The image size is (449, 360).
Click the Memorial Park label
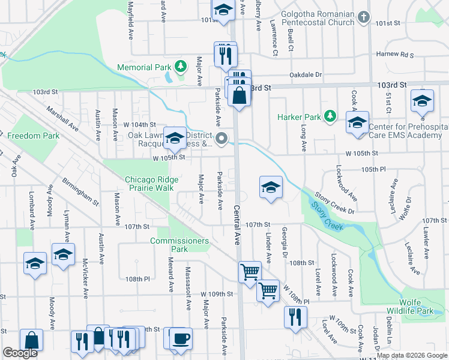coord(144,67)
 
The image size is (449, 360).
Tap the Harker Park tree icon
coord(330,116)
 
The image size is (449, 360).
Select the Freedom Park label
coord(33,136)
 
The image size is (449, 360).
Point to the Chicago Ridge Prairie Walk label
coord(149,184)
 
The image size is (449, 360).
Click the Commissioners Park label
coord(179,245)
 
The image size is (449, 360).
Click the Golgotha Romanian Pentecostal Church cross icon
coord(363,18)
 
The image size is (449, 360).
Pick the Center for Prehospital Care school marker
coord(357,123)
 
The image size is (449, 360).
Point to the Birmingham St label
coord(79,191)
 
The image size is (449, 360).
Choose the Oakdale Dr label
coord(306,75)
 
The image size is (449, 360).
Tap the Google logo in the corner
coord(20,353)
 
